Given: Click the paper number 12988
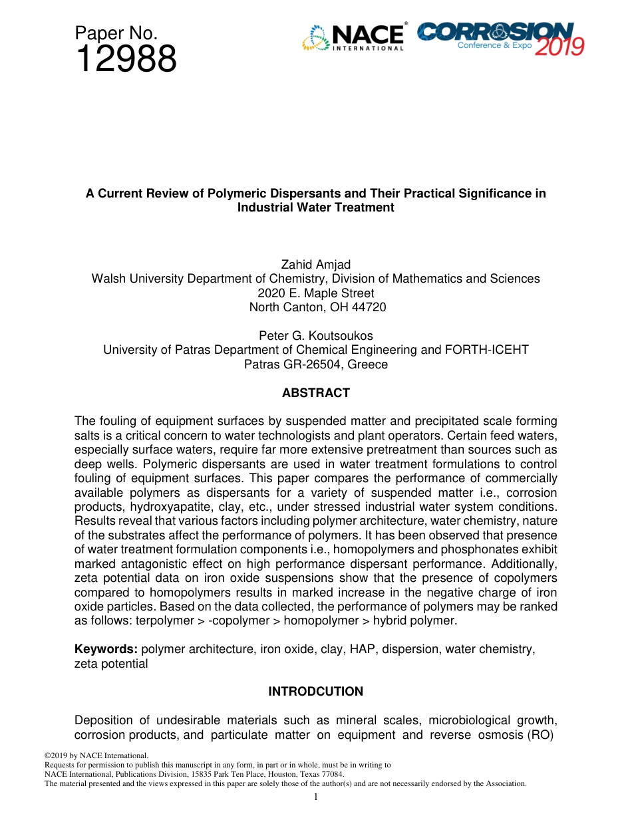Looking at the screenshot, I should [x=126, y=60].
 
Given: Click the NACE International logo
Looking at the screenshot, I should [x=353, y=38].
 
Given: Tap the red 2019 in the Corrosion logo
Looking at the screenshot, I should [x=559, y=46].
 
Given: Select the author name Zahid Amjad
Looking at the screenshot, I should [x=315, y=265].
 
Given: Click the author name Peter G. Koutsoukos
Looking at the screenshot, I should [x=315, y=336].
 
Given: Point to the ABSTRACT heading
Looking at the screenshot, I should [x=315, y=393].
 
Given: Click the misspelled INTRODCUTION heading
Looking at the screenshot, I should [x=315, y=692].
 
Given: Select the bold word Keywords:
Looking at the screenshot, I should [x=106, y=649].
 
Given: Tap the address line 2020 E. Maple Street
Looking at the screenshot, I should [x=315, y=293].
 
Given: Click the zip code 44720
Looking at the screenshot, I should [x=369, y=307].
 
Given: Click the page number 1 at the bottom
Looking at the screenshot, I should [x=316, y=797].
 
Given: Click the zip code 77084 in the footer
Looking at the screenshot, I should [x=330, y=774].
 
